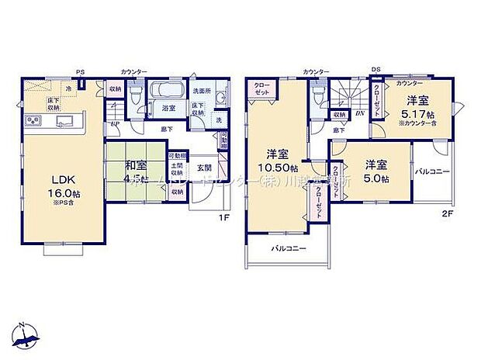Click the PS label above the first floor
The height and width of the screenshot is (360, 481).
[80, 72]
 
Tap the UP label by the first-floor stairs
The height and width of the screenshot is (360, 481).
[115, 125]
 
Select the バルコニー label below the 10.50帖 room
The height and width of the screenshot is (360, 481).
[289, 248]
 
